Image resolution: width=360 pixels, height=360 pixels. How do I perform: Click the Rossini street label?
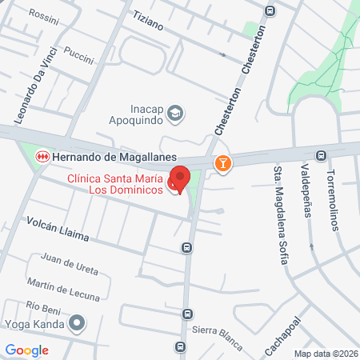45,14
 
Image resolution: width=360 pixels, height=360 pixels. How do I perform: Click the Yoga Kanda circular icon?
77,322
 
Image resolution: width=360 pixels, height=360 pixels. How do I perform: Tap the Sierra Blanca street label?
216,338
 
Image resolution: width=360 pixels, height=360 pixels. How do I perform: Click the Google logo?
27,350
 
